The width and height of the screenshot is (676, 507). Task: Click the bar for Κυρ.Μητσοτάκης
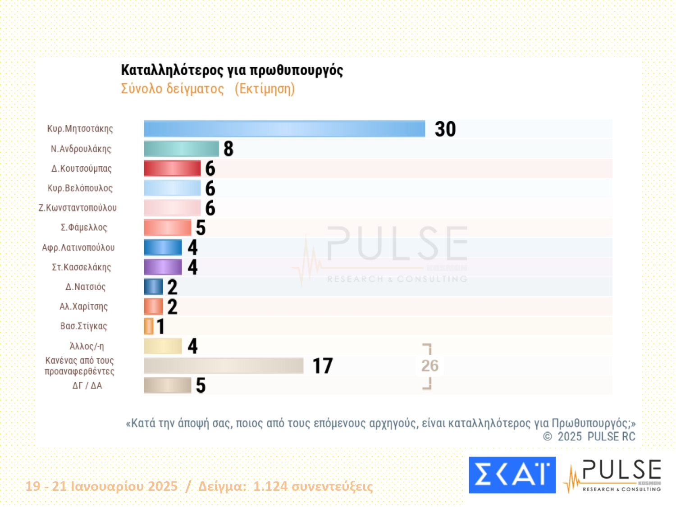pyautogui.click(x=284, y=129)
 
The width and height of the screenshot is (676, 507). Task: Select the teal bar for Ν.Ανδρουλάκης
pyautogui.click(x=181, y=149)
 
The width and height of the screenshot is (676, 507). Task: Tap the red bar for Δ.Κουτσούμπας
pyautogui.click(x=172, y=169)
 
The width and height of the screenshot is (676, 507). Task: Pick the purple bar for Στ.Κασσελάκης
pyautogui.click(x=163, y=267)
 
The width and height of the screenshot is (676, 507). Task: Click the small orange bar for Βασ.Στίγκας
pyautogui.click(x=149, y=326)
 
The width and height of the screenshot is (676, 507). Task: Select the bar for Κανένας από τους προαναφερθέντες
pyautogui.click(x=224, y=365)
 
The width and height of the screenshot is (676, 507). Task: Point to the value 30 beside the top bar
pyautogui.click(x=445, y=129)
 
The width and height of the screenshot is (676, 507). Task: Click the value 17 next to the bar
pyautogui.click(x=323, y=366)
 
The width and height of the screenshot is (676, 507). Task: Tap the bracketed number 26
pyautogui.click(x=429, y=365)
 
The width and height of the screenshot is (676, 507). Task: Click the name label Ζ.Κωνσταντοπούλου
pyautogui.click(x=78, y=208)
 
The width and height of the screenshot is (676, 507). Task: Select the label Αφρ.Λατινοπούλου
pyautogui.click(x=78, y=247)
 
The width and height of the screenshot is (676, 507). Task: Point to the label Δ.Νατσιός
pyautogui.click(x=86, y=287)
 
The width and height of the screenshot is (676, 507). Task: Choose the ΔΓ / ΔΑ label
pyautogui.click(x=87, y=385)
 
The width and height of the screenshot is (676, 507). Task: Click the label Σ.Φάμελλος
pyautogui.click(x=84, y=228)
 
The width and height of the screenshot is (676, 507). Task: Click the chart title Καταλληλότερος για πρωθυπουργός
pyautogui.click(x=232, y=70)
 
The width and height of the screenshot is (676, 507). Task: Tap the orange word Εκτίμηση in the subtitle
pyautogui.click(x=265, y=89)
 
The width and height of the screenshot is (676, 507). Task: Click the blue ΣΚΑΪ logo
pyautogui.click(x=512, y=475)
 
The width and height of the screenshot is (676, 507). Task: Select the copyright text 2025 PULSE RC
pyautogui.click(x=596, y=436)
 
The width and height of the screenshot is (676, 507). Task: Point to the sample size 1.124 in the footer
pyautogui.click(x=270, y=486)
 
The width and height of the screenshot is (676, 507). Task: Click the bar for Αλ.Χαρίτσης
pyautogui.click(x=153, y=306)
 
